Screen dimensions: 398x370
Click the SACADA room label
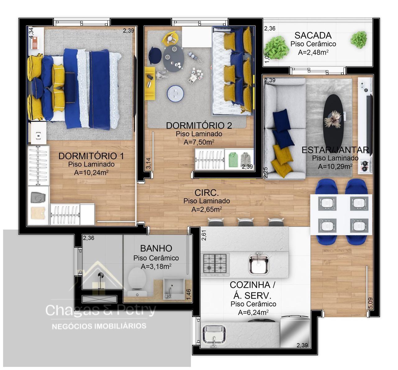coord(313,35)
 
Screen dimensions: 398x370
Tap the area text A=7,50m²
coord(199,142)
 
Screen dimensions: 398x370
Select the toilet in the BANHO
coord(137,283)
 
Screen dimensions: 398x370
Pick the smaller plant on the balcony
coord(359,39)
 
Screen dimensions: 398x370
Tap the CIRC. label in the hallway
coord(206,193)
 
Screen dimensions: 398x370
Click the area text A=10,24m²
coord(91,172)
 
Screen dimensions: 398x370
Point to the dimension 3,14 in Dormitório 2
coord(149,163)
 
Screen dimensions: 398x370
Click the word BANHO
coord(156,249)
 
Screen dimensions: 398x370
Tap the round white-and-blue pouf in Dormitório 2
coord(176,94)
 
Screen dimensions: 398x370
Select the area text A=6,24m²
coord(253,312)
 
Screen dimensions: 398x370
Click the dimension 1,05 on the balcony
coord(267,57)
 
